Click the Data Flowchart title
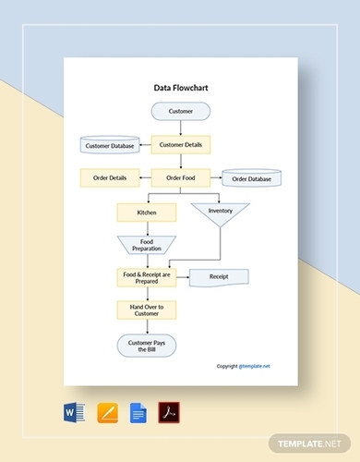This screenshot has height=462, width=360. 180,90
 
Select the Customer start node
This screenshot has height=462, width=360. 181,112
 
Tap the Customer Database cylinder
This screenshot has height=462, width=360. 110,146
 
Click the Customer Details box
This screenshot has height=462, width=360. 180,144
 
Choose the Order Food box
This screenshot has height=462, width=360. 180,177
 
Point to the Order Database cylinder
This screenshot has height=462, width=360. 249,178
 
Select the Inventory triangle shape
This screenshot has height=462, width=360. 219,212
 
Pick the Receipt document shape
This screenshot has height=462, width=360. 220,275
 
